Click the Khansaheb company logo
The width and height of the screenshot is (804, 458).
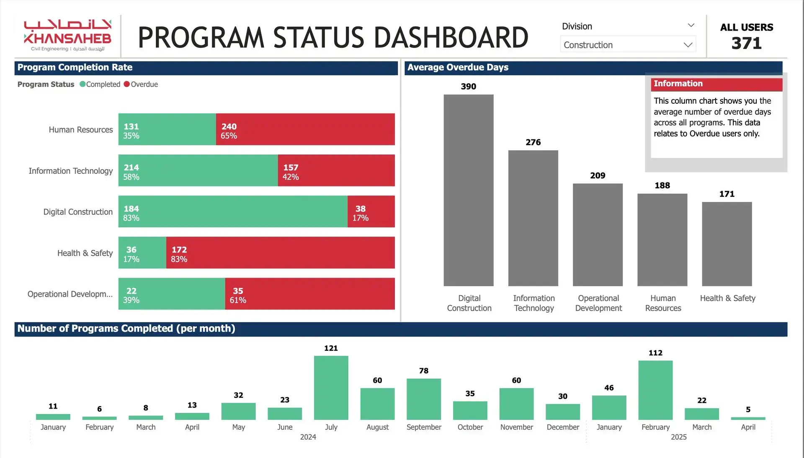click(x=67, y=36)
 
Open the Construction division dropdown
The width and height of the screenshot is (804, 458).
click(x=628, y=45)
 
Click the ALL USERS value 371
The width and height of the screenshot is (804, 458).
click(x=747, y=44)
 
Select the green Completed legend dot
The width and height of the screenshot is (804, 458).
click(x=82, y=84)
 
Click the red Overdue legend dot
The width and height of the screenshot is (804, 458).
click(x=127, y=84)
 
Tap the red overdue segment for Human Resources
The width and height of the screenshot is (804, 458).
click(x=305, y=129)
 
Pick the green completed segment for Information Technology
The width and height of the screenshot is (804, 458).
click(x=198, y=170)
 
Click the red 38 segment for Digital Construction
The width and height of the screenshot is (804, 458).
click(x=371, y=211)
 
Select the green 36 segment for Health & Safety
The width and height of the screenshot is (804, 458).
click(x=142, y=252)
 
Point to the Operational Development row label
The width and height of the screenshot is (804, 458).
click(x=70, y=294)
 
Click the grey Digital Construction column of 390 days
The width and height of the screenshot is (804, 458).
click(x=469, y=190)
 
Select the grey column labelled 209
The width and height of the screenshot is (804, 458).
click(x=598, y=235)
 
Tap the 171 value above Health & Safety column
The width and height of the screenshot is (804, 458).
click(x=727, y=194)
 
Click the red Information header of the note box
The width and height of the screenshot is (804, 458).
click(x=716, y=84)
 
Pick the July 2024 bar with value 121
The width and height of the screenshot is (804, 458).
click(x=331, y=388)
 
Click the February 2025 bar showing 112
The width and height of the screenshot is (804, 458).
click(x=655, y=390)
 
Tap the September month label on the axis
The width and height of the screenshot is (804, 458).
click(x=424, y=427)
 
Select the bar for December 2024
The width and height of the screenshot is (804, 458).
click(x=563, y=412)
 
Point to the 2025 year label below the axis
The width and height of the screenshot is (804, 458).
click(x=679, y=437)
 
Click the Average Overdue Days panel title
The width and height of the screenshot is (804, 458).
click(x=458, y=67)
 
